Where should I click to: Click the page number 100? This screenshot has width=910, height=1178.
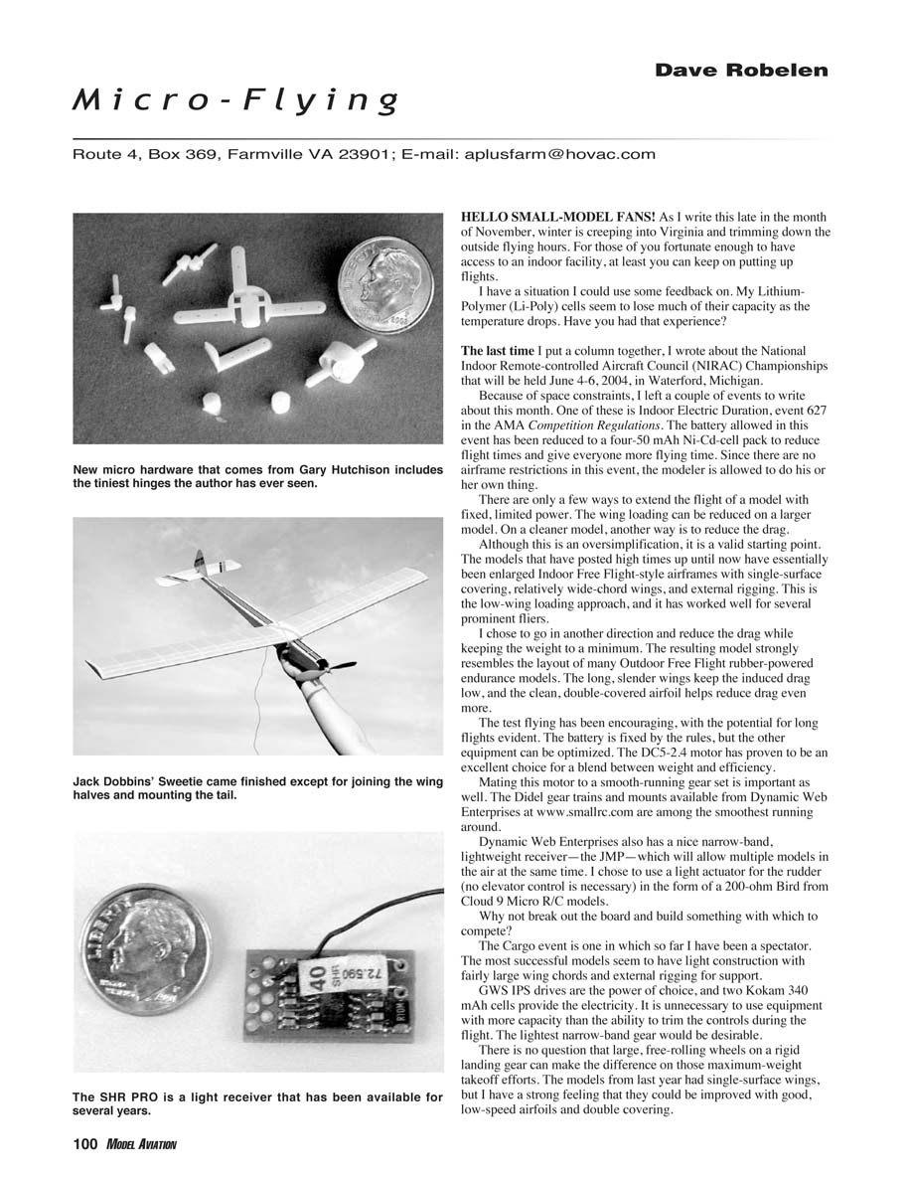pos(85,1144)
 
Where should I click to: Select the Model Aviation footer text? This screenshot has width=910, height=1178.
pos(140,1145)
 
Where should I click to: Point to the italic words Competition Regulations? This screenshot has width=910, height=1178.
pos(580,425)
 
